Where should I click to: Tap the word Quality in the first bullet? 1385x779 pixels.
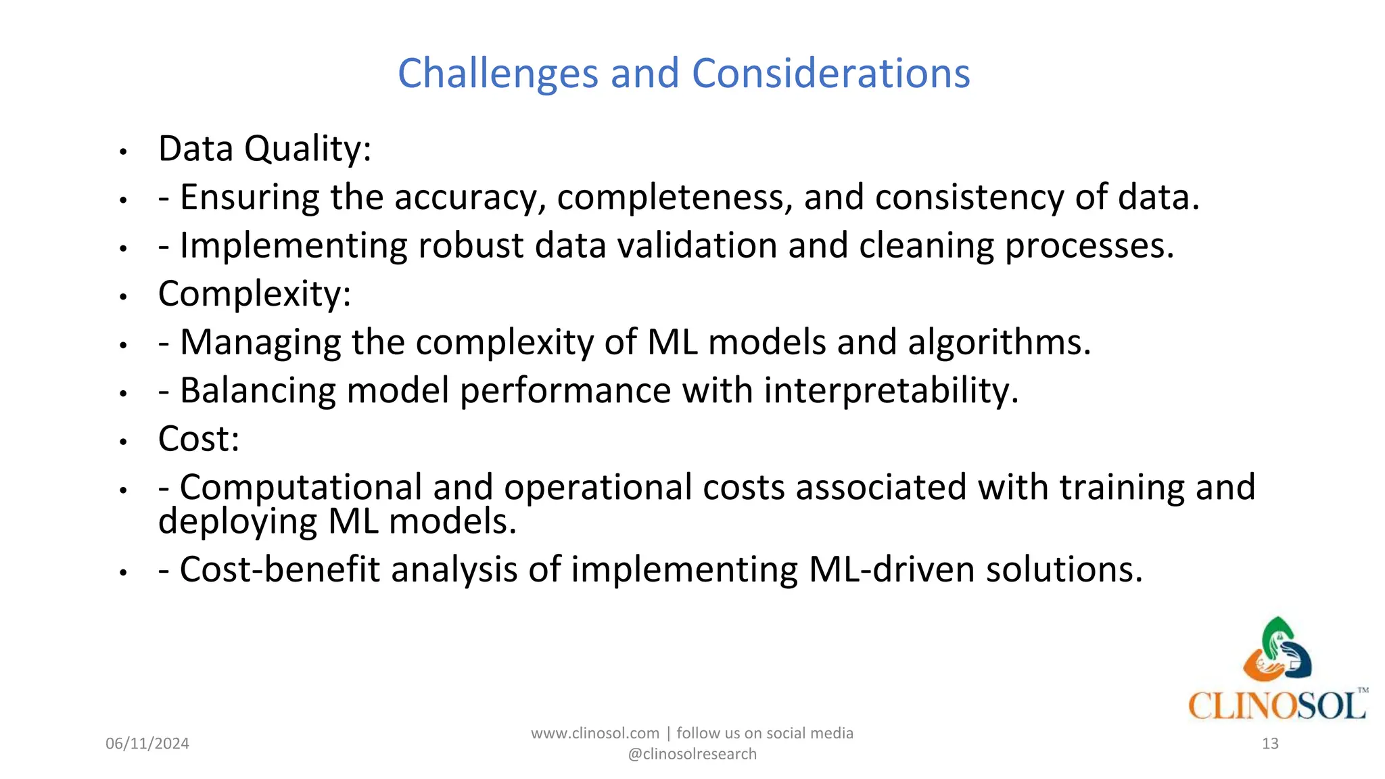click(x=308, y=149)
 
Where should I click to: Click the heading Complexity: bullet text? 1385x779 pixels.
click(x=254, y=294)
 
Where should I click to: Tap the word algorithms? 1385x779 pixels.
click(x=999, y=342)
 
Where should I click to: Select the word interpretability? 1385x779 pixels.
click(x=891, y=391)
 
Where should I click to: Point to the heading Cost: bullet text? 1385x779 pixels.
click(x=199, y=439)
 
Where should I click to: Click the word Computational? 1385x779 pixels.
click(x=301, y=488)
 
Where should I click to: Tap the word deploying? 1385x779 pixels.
click(x=237, y=521)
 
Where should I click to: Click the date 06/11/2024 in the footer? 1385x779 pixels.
click(x=147, y=744)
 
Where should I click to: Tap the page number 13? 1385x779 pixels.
click(x=1270, y=744)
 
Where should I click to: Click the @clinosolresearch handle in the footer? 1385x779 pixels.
click(x=692, y=755)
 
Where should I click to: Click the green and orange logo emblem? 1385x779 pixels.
click(x=1277, y=650)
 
